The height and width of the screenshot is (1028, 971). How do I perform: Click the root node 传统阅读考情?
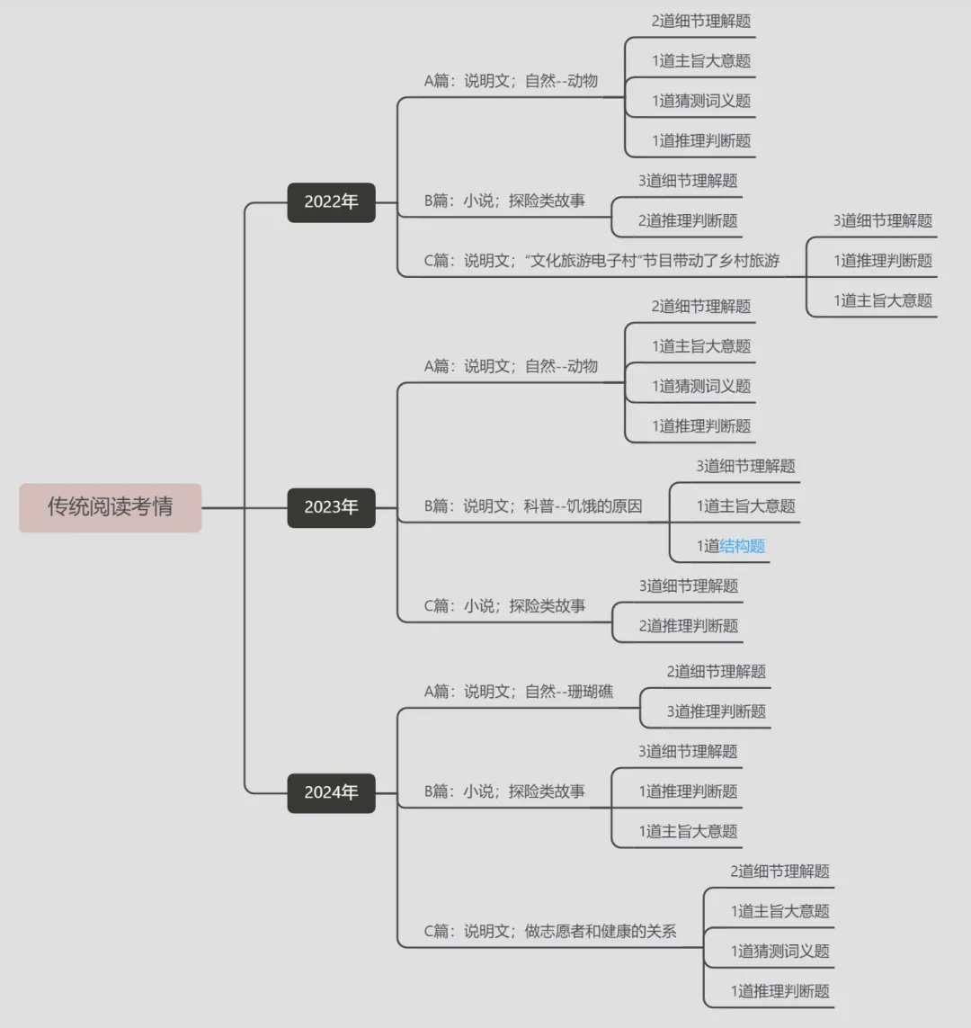tap(110, 507)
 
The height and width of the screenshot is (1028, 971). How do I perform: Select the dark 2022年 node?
tap(331, 202)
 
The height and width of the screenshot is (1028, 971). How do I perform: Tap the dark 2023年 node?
tap(331, 507)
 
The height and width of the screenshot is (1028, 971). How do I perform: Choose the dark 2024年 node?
tap(331, 792)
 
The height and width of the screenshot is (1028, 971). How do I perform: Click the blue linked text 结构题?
tap(743, 546)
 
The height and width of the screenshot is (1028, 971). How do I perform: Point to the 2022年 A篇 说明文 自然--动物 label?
tap(511, 82)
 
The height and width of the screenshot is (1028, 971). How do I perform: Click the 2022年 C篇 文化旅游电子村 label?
tap(601, 261)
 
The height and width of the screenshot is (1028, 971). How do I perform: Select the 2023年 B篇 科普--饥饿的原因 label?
tap(533, 506)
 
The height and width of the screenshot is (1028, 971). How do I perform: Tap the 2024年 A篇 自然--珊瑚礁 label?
tap(518, 692)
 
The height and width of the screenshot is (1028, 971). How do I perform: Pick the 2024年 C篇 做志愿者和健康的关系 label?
tap(550, 932)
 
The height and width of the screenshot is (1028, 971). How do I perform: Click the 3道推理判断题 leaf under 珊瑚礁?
tap(717, 711)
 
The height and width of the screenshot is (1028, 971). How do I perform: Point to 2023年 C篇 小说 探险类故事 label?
tap(504, 606)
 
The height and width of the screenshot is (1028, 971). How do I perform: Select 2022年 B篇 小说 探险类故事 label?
tap(504, 201)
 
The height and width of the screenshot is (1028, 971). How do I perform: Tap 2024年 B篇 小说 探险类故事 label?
tap(504, 791)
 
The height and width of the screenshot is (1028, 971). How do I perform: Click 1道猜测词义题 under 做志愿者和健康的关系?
tap(779, 951)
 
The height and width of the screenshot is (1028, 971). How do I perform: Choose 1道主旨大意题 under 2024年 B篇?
tap(689, 831)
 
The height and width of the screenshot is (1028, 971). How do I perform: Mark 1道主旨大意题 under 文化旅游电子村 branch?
tap(883, 300)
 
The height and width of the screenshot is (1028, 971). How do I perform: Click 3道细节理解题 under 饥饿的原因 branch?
tap(746, 466)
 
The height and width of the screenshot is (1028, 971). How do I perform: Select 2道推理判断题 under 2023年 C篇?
tap(689, 626)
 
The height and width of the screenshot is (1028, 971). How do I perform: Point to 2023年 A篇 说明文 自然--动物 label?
tap(511, 366)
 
